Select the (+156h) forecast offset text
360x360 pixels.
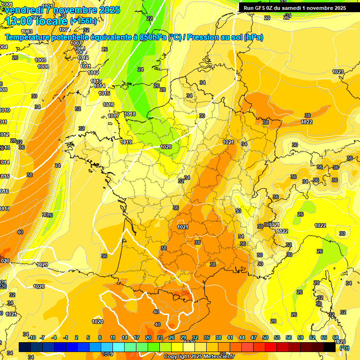[83, 21]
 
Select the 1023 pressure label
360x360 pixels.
[337, 72]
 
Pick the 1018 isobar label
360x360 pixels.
[130, 114]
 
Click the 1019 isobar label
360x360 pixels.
[126, 142]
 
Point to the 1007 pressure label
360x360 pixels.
[76, 43]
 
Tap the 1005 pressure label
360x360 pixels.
[40, 60]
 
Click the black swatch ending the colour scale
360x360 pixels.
[330, 346]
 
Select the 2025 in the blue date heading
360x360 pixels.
[107, 10]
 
